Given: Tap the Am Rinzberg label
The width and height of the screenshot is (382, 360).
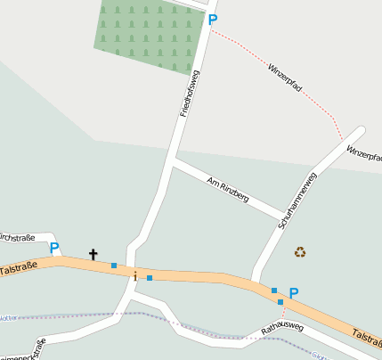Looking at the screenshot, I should (227, 189).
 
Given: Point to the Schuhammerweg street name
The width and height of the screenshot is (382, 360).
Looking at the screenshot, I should (297, 200).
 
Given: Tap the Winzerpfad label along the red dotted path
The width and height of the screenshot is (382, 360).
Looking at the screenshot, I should (285, 79).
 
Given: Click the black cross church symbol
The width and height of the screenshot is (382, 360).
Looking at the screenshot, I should (93, 255).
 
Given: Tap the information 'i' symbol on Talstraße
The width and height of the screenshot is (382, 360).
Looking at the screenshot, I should (134, 276).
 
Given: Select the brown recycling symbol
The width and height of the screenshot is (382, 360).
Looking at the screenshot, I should (300, 252).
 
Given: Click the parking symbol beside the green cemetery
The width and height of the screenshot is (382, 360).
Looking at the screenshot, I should (212, 19).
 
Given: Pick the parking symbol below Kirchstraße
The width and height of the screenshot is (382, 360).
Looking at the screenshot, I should (54, 248).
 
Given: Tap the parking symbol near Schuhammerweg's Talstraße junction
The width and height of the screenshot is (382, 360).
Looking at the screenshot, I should (294, 292).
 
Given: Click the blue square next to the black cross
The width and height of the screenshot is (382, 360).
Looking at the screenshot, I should (114, 265).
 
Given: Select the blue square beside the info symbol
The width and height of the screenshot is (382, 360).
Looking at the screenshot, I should (150, 278).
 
